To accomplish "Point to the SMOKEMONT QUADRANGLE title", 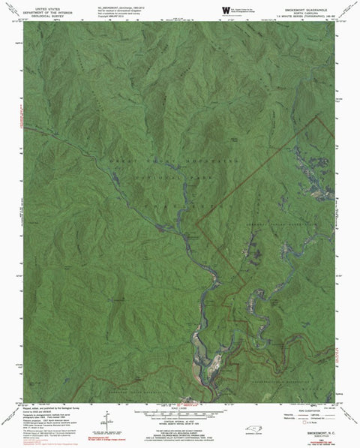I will point(307,5).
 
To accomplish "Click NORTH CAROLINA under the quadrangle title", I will point(307,9).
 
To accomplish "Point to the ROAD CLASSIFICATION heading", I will point(305,409).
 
